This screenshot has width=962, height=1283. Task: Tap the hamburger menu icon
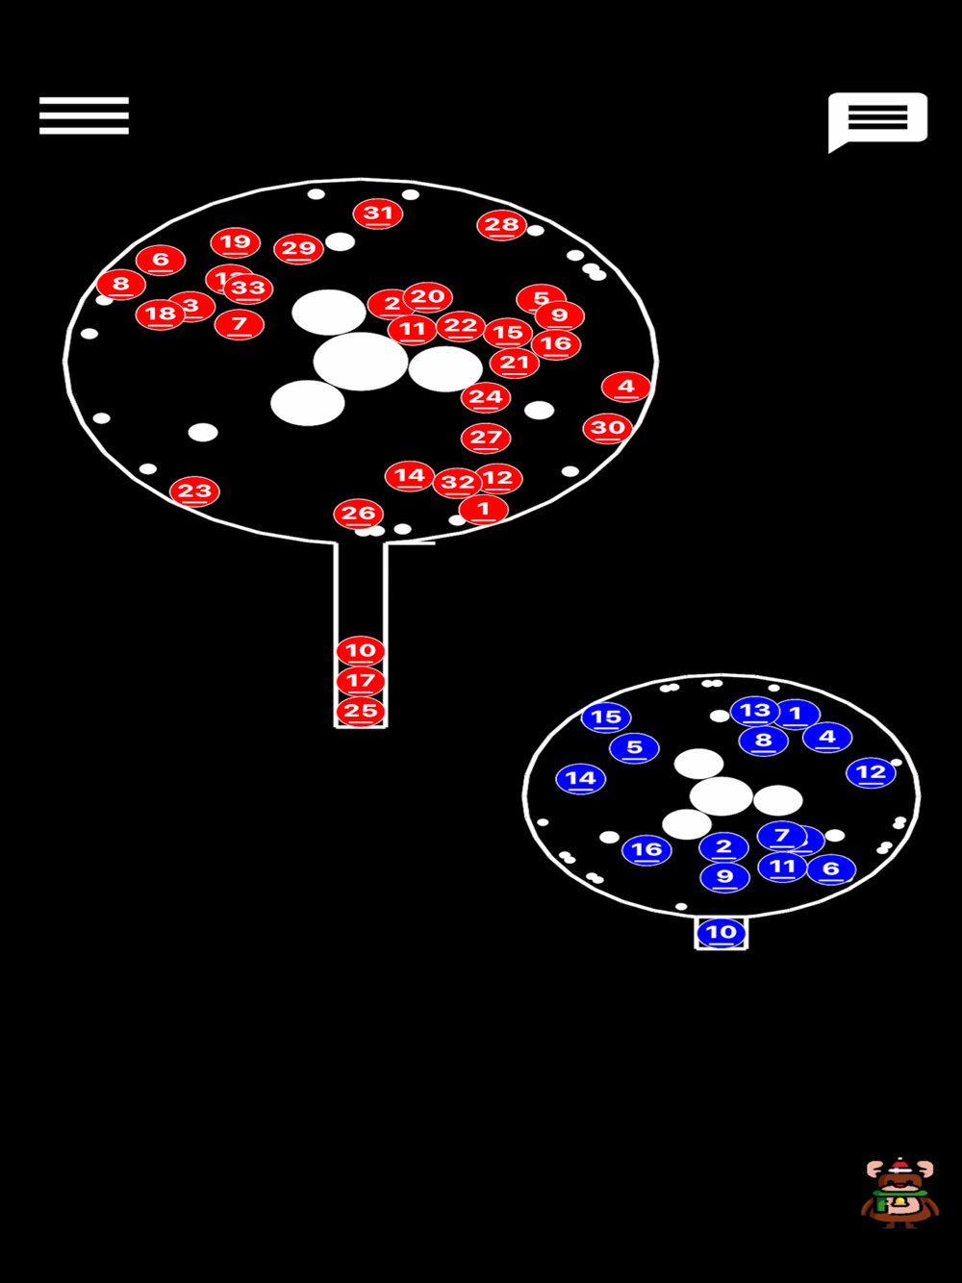84,115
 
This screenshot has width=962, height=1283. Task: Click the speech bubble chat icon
877,119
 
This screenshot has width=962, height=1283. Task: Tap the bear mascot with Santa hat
899,1193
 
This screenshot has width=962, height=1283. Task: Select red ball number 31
378,214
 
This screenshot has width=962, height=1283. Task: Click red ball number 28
501,225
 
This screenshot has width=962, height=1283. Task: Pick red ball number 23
194,491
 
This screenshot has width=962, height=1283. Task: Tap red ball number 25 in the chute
361,712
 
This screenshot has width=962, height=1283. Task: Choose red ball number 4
626,387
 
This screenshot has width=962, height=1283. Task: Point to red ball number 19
236,242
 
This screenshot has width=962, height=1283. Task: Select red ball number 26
358,514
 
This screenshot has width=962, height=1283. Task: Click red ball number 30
608,428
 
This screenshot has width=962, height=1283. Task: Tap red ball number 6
161,260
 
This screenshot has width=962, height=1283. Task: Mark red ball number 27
486,438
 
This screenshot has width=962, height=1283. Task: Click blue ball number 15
606,717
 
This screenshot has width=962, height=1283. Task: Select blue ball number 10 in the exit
721,932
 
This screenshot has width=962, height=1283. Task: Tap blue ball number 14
581,779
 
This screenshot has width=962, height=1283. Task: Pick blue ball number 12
871,772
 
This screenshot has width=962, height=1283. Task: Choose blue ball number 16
646,849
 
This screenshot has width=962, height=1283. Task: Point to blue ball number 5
634,747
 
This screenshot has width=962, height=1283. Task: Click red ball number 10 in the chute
361,651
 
